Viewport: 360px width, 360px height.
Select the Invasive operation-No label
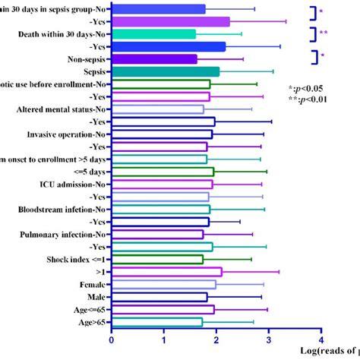[x=68, y=134]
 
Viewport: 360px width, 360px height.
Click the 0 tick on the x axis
[x=112, y=341]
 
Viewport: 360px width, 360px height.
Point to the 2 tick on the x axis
[x=216, y=341]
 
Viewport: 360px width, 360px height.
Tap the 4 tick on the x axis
[x=321, y=341]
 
